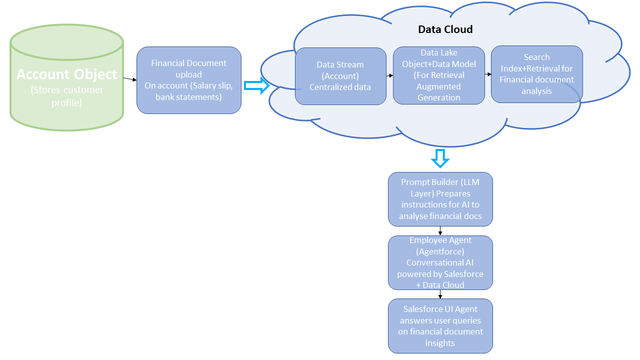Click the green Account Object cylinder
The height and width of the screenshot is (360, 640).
click(x=67, y=77)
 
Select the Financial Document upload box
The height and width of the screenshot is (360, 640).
click(x=189, y=80)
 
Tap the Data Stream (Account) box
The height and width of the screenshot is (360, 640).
click(x=340, y=76)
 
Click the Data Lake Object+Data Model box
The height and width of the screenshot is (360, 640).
click(x=439, y=75)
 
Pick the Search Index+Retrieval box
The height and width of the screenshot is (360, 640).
click(x=537, y=74)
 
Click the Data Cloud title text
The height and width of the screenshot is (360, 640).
click(x=445, y=29)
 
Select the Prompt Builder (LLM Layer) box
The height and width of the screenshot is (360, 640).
click(x=440, y=199)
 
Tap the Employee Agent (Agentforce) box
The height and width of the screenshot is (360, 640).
click(x=440, y=262)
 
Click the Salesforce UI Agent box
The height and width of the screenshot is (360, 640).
click(x=440, y=326)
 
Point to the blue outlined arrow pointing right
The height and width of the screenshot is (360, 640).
click(x=256, y=85)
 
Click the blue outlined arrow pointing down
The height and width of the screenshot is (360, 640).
click(x=440, y=158)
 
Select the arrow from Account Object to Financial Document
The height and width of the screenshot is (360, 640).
click(x=130, y=79)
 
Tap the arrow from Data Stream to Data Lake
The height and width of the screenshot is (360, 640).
click(x=389, y=75)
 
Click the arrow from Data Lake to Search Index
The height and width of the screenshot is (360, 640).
click(x=488, y=74)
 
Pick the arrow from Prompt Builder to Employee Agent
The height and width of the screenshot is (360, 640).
click(x=440, y=231)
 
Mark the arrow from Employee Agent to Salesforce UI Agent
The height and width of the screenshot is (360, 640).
click(x=440, y=294)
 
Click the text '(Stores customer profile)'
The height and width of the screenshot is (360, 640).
click(x=67, y=96)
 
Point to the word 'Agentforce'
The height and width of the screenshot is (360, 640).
click(x=440, y=251)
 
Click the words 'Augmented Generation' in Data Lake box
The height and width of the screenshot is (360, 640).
click(x=439, y=92)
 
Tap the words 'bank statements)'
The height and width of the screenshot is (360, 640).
click(x=189, y=97)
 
